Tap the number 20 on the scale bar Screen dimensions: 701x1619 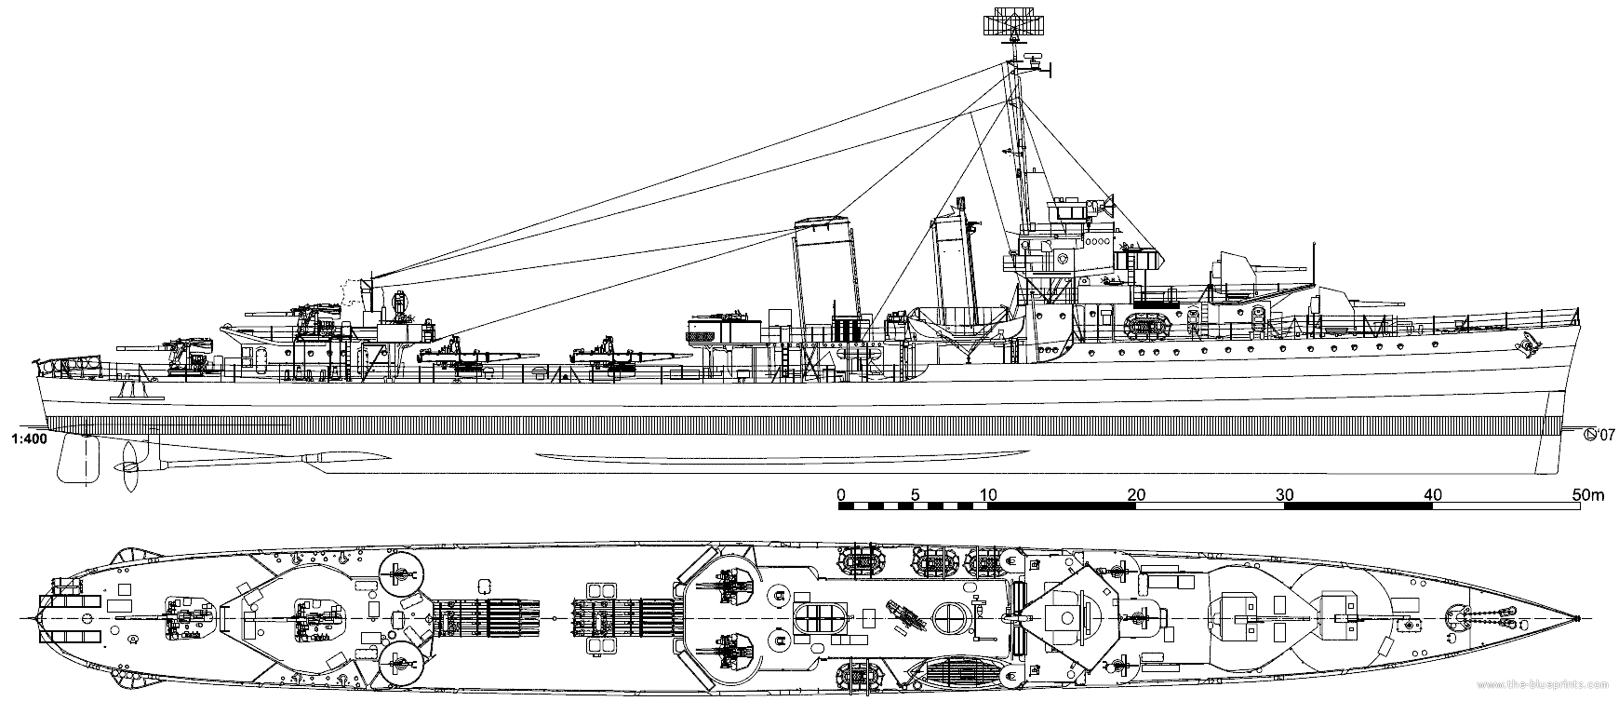point(1135,494)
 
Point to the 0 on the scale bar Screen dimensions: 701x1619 point(841,494)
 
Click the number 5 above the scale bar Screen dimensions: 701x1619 point(915,494)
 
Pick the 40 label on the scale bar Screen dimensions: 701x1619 point(1433,494)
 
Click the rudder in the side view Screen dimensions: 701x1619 point(77,459)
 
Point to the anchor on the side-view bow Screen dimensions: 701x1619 point(1525,347)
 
